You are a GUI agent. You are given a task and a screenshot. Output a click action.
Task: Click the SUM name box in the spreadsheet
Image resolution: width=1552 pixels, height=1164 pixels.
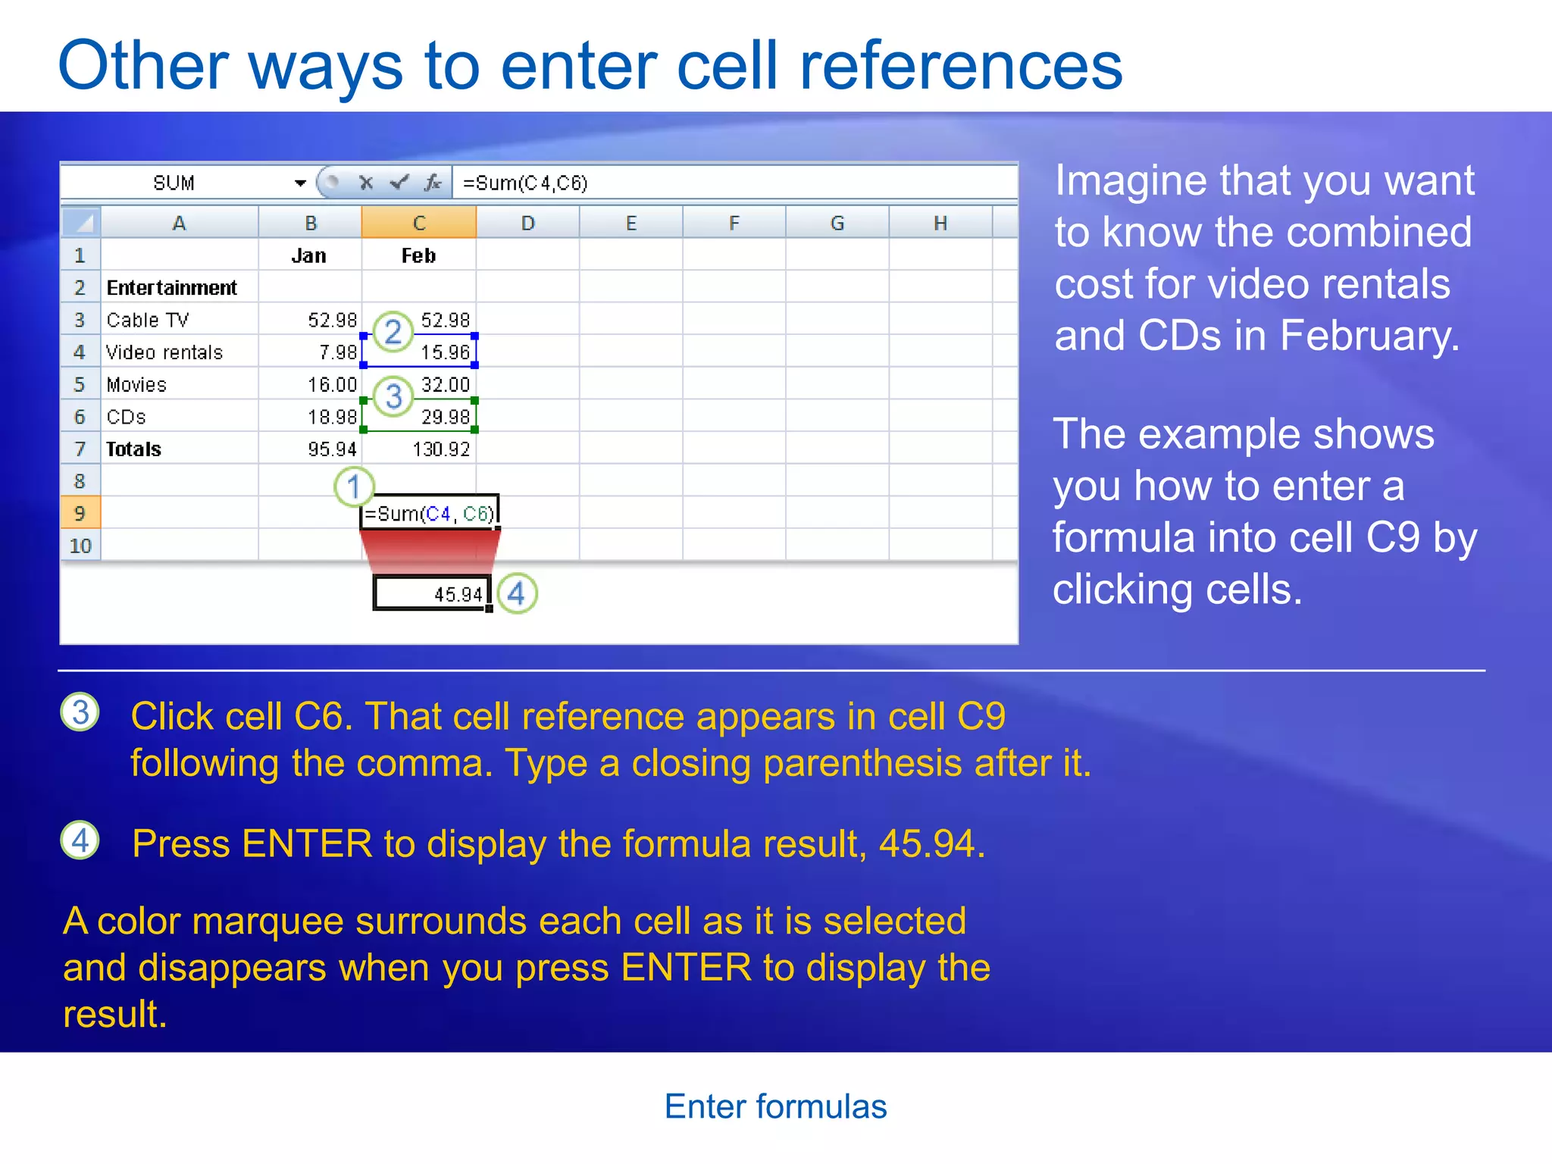174,183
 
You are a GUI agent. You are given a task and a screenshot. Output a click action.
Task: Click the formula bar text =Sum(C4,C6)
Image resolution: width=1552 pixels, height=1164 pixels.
524,183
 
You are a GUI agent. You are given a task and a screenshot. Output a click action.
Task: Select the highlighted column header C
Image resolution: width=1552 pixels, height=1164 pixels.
418,223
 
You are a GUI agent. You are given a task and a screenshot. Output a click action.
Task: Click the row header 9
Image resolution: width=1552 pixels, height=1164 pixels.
80,513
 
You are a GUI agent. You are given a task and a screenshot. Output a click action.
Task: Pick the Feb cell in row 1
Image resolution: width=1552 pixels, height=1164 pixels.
418,255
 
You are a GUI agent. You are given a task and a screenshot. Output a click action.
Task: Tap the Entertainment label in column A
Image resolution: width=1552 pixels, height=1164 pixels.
171,288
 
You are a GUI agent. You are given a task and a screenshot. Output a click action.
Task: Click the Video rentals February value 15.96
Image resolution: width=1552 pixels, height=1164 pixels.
445,352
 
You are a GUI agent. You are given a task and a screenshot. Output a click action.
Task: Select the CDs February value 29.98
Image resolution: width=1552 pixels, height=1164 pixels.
445,417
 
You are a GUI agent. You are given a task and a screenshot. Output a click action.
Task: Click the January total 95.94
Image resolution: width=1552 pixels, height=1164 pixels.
332,449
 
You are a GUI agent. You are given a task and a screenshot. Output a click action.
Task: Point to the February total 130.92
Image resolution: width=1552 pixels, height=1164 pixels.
441,449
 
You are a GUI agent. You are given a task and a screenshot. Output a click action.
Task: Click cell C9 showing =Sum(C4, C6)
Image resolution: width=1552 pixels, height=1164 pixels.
429,514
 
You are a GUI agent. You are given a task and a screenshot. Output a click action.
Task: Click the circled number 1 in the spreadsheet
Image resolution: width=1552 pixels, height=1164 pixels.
353,487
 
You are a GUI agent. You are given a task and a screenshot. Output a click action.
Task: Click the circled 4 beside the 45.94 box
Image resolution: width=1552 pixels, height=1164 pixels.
517,593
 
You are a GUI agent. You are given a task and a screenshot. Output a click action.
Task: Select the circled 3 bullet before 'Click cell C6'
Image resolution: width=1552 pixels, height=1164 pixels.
80,712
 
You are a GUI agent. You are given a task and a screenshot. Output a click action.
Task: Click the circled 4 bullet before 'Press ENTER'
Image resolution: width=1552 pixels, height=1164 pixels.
80,840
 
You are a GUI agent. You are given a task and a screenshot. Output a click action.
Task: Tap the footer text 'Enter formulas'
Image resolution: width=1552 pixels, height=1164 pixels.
775,1106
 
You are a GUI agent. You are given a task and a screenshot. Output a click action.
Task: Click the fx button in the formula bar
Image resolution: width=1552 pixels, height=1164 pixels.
433,183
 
